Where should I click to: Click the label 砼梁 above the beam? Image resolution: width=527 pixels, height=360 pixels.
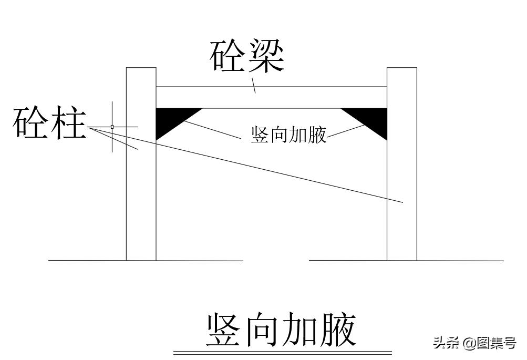coord(247,56)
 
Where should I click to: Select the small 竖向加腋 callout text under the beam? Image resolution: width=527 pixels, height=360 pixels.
coord(288,135)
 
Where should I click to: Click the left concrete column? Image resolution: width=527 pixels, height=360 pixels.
coord(141,164)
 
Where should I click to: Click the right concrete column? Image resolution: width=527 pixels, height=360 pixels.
coord(402,164)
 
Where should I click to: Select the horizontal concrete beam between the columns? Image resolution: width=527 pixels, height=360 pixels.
coord(272,97)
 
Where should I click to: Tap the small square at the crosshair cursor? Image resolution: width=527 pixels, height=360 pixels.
coord(112,127)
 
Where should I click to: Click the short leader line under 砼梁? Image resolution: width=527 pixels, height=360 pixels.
coord(254,85)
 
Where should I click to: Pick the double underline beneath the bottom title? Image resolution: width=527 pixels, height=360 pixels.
coord(283,353)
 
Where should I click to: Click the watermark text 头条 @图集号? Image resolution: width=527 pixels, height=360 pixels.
coord(474,343)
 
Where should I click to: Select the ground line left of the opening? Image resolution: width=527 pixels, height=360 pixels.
coord(146,261)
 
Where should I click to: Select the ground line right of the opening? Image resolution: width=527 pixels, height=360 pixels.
coord(406,261)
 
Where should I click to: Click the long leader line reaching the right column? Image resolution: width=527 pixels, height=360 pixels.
coord(245,164)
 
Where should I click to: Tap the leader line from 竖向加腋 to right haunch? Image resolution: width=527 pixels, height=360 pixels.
coord(346,131)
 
